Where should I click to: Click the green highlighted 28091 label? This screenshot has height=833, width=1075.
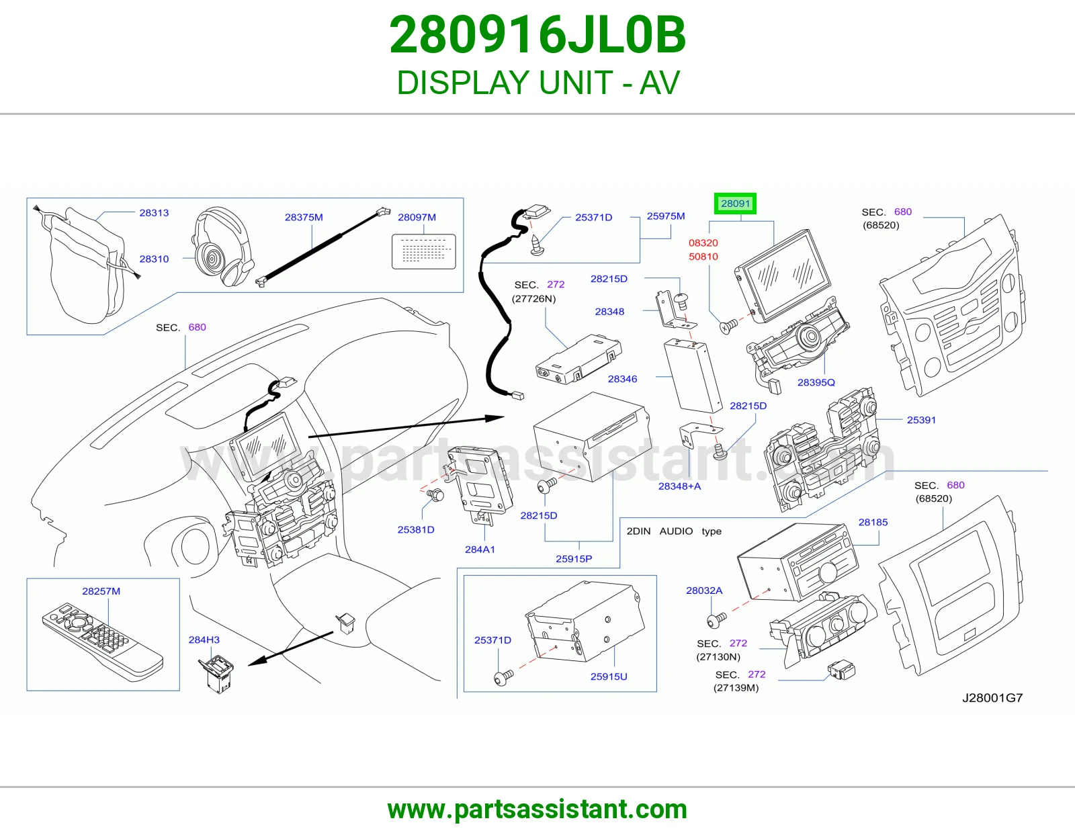(735, 204)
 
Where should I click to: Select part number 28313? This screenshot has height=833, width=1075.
(154, 213)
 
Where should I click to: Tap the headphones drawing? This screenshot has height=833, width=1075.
(222, 247)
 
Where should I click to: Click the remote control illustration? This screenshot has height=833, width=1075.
(103, 642)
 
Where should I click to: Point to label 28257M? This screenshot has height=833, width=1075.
(101, 591)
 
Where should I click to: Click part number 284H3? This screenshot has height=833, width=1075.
(204, 640)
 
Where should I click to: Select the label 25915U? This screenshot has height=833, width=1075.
(609, 676)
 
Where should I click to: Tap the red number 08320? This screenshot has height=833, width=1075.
(703, 243)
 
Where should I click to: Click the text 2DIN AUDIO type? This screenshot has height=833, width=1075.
(674, 531)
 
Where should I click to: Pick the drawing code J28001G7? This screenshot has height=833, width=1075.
(992, 698)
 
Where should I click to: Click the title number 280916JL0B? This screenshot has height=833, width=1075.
(537, 35)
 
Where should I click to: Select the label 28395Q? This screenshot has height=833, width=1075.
(816, 382)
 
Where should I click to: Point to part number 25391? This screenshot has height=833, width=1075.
(921, 420)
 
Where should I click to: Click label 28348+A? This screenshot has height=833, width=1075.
(679, 486)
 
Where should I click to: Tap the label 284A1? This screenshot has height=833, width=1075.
(479, 549)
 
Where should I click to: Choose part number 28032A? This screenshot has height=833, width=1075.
(704, 590)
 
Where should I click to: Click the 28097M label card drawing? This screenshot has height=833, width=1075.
(423, 251)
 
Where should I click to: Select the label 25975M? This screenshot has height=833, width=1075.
(666, 216)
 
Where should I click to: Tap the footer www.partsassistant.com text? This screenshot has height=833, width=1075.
(537, 809)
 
